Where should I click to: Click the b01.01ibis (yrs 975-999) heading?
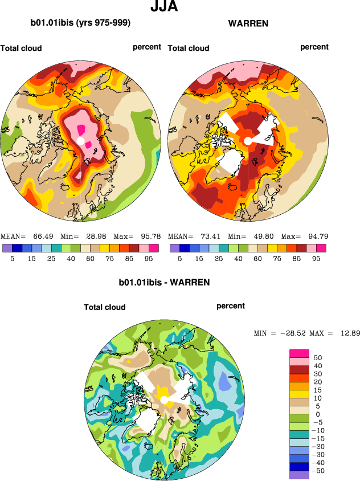[80, 23]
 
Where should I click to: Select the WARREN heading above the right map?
[248, 23]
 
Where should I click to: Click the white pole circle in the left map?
[80, 141]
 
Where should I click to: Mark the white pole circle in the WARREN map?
[248, 141]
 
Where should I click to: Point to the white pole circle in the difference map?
[164, 400]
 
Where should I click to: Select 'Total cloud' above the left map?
[21, 48]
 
